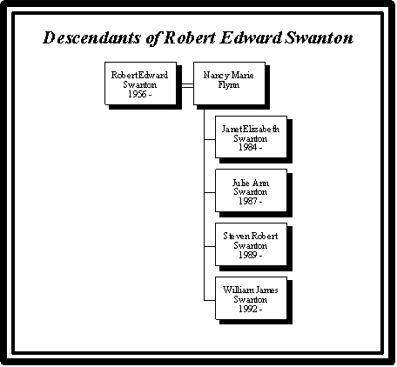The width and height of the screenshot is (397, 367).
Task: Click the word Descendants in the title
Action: pyautogui.click(x=91, y=37)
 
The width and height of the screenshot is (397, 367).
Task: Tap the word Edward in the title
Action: pyautogui.click(x=251, y=37)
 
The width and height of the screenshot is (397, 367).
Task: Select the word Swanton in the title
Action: pyautogui.click(x=319, y=37)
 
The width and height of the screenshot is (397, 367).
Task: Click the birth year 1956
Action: pyautogui.click(x=137, y=94)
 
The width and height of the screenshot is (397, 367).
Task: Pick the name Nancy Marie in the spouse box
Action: pyautogui.click(x=229, y=76)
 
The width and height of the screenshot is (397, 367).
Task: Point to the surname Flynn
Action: pyautogui.click(x=229, y=84)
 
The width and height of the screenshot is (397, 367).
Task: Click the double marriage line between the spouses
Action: pyautogui.click(x=187, y=85)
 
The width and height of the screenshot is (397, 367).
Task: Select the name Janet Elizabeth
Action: pyautogui.click(x=251, y=129)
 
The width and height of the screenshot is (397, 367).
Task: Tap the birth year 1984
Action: pyautogui.click(x=247, y=147)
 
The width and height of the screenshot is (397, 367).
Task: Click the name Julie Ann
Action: pyautogui.click(x=251, y=183)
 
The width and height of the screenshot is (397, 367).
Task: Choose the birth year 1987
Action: pyautogui.click(x=247, y=201)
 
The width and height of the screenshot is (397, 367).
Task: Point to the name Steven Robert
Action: pyautogui.click(x=251, y=237)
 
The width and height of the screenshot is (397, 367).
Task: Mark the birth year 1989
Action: pyautogui.click(x=247, y=255)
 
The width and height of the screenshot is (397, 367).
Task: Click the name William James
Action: pyautogui.click(x=251, y=290)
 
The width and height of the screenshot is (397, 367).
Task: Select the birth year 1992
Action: pyautogui.click(x=247, y=309)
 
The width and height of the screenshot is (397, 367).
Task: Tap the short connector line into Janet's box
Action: pyautogui.click(x=210, y=139)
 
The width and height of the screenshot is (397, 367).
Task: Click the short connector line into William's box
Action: pyautogui.click(x=210, y=300)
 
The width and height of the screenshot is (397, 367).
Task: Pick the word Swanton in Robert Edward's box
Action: pyautogui.click(x=140, y=84)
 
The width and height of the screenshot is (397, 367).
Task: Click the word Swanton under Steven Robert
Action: pyautogui.click(x=251, y=245)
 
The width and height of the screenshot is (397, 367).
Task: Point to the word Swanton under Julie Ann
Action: pyautogui.click(x=251, y=191)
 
